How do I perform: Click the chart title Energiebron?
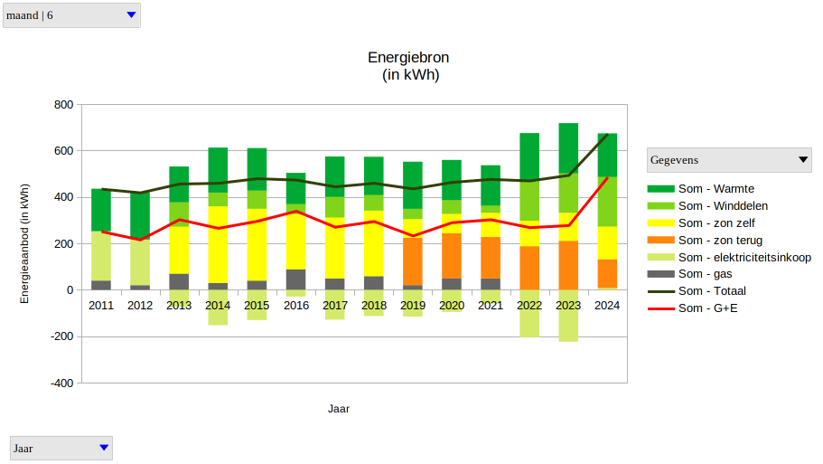pos(408,58)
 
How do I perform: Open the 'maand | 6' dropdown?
pos(72,15)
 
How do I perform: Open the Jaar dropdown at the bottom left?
pos(61,448)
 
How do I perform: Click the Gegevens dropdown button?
pos(730,160)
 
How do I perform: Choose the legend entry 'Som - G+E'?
pos(708,308)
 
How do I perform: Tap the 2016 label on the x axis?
pos(295,306)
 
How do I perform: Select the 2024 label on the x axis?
pos(607,306)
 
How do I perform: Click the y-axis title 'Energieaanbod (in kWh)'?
pos(24,244)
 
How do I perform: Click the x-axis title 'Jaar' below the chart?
pos(339,409)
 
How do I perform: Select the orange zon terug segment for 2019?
pos(413,261)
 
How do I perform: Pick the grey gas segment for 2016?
pos(295,279)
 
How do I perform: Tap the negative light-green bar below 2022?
pos(529,313)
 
